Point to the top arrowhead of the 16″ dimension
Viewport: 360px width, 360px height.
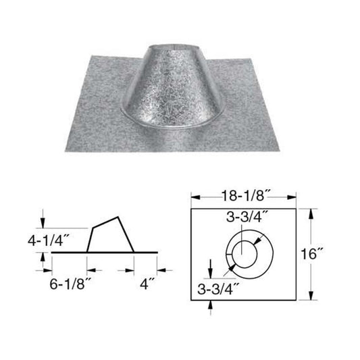point(311,212)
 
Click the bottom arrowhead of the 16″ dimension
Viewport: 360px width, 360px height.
point(311,298)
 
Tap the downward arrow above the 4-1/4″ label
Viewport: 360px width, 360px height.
point(45,223)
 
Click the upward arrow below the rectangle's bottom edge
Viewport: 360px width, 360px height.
point(212,306)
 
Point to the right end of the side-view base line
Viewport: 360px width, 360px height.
point(159,253)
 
